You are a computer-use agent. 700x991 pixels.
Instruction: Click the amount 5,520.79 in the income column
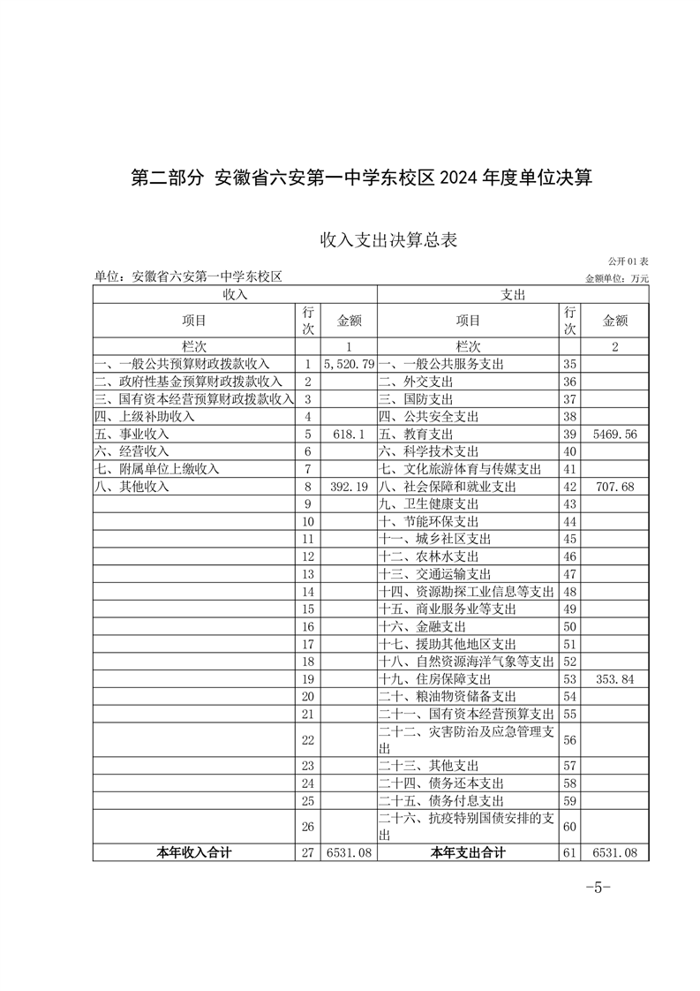click(350, 364)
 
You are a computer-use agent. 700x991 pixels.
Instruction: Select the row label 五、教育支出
click(416, 435)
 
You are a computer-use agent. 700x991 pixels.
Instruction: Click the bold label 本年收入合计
click(194, 852)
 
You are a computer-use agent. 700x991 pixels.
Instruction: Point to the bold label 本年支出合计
click(468, 852)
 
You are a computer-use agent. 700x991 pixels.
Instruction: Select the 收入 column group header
click(235, 294)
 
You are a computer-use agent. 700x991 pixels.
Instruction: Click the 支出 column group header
click(513, 294)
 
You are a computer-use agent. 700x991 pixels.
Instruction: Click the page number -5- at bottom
click(598, 888)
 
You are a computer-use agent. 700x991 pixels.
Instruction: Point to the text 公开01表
click(628, 262)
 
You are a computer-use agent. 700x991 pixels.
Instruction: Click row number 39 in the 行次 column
click(569, 435)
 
